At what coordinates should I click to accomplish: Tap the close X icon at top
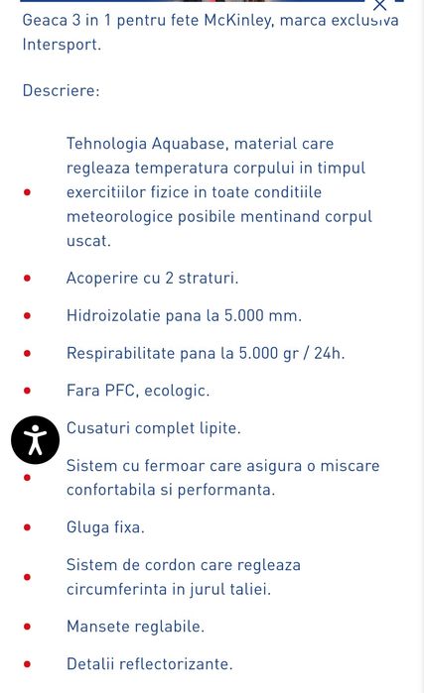(x=380, y=5)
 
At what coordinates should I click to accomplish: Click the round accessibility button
(x=36, y=439)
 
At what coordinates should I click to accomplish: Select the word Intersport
(x=61, y=45)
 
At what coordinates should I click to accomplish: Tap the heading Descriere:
(x=61, y=90)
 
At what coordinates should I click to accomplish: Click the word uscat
(x=88, y=240)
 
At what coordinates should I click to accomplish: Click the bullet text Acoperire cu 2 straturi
(x=152, y=278)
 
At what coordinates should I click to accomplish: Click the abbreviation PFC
(x=119, y=391)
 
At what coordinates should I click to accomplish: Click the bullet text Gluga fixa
(x=105, y=526)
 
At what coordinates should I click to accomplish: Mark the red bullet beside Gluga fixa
(x=27, y=527)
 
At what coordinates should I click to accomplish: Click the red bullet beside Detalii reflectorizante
(x=27, y=664)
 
